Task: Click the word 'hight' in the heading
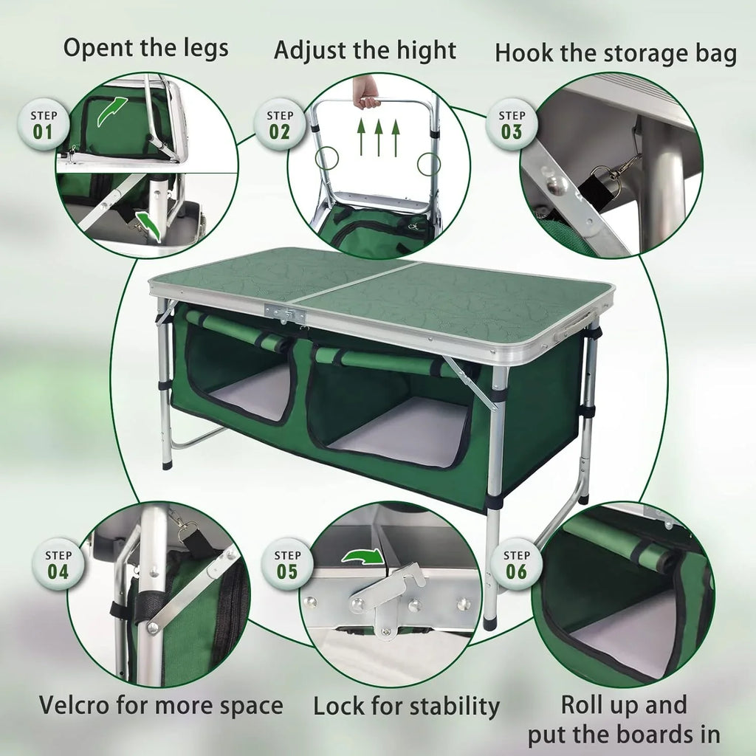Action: coord(425,51)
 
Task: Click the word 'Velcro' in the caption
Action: coord(75,704)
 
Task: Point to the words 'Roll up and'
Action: coord(624,704)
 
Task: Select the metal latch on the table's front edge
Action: coord(285,313)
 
